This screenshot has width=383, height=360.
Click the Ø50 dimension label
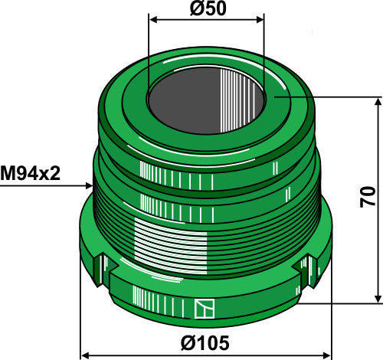point(205,10)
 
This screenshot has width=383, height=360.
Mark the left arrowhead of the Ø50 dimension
point(151,21)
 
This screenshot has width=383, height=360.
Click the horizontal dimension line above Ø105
point(205,355)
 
